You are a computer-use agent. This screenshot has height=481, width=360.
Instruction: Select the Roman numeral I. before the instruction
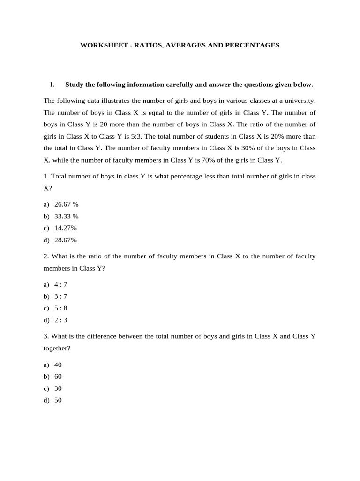pyautogui.click(x=52, y=85)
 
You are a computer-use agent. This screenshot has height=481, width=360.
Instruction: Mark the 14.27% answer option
pyautogui.click(x=65, y=228)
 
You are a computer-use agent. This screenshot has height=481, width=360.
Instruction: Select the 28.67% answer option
pyautogui.click(x=65, y=240)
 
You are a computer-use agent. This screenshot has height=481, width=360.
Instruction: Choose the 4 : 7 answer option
pyautogui.click(x=61, y=285)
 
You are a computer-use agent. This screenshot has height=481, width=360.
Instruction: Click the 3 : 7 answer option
pyautogui.click(x=61, y=296)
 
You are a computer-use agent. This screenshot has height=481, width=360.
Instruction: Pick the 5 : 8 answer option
pyautogui.click(x=61, y=308)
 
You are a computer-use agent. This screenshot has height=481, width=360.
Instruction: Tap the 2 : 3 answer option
pyautogui.click(x=61, y=320)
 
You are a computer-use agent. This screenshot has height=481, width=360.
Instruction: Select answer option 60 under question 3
pyautogui.click(x=58, y=377)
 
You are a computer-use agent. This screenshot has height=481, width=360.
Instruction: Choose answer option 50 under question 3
pyautogui.click(x=58, y=401)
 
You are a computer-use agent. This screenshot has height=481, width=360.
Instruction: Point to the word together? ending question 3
pyautogui.click(x=57, y=349)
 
